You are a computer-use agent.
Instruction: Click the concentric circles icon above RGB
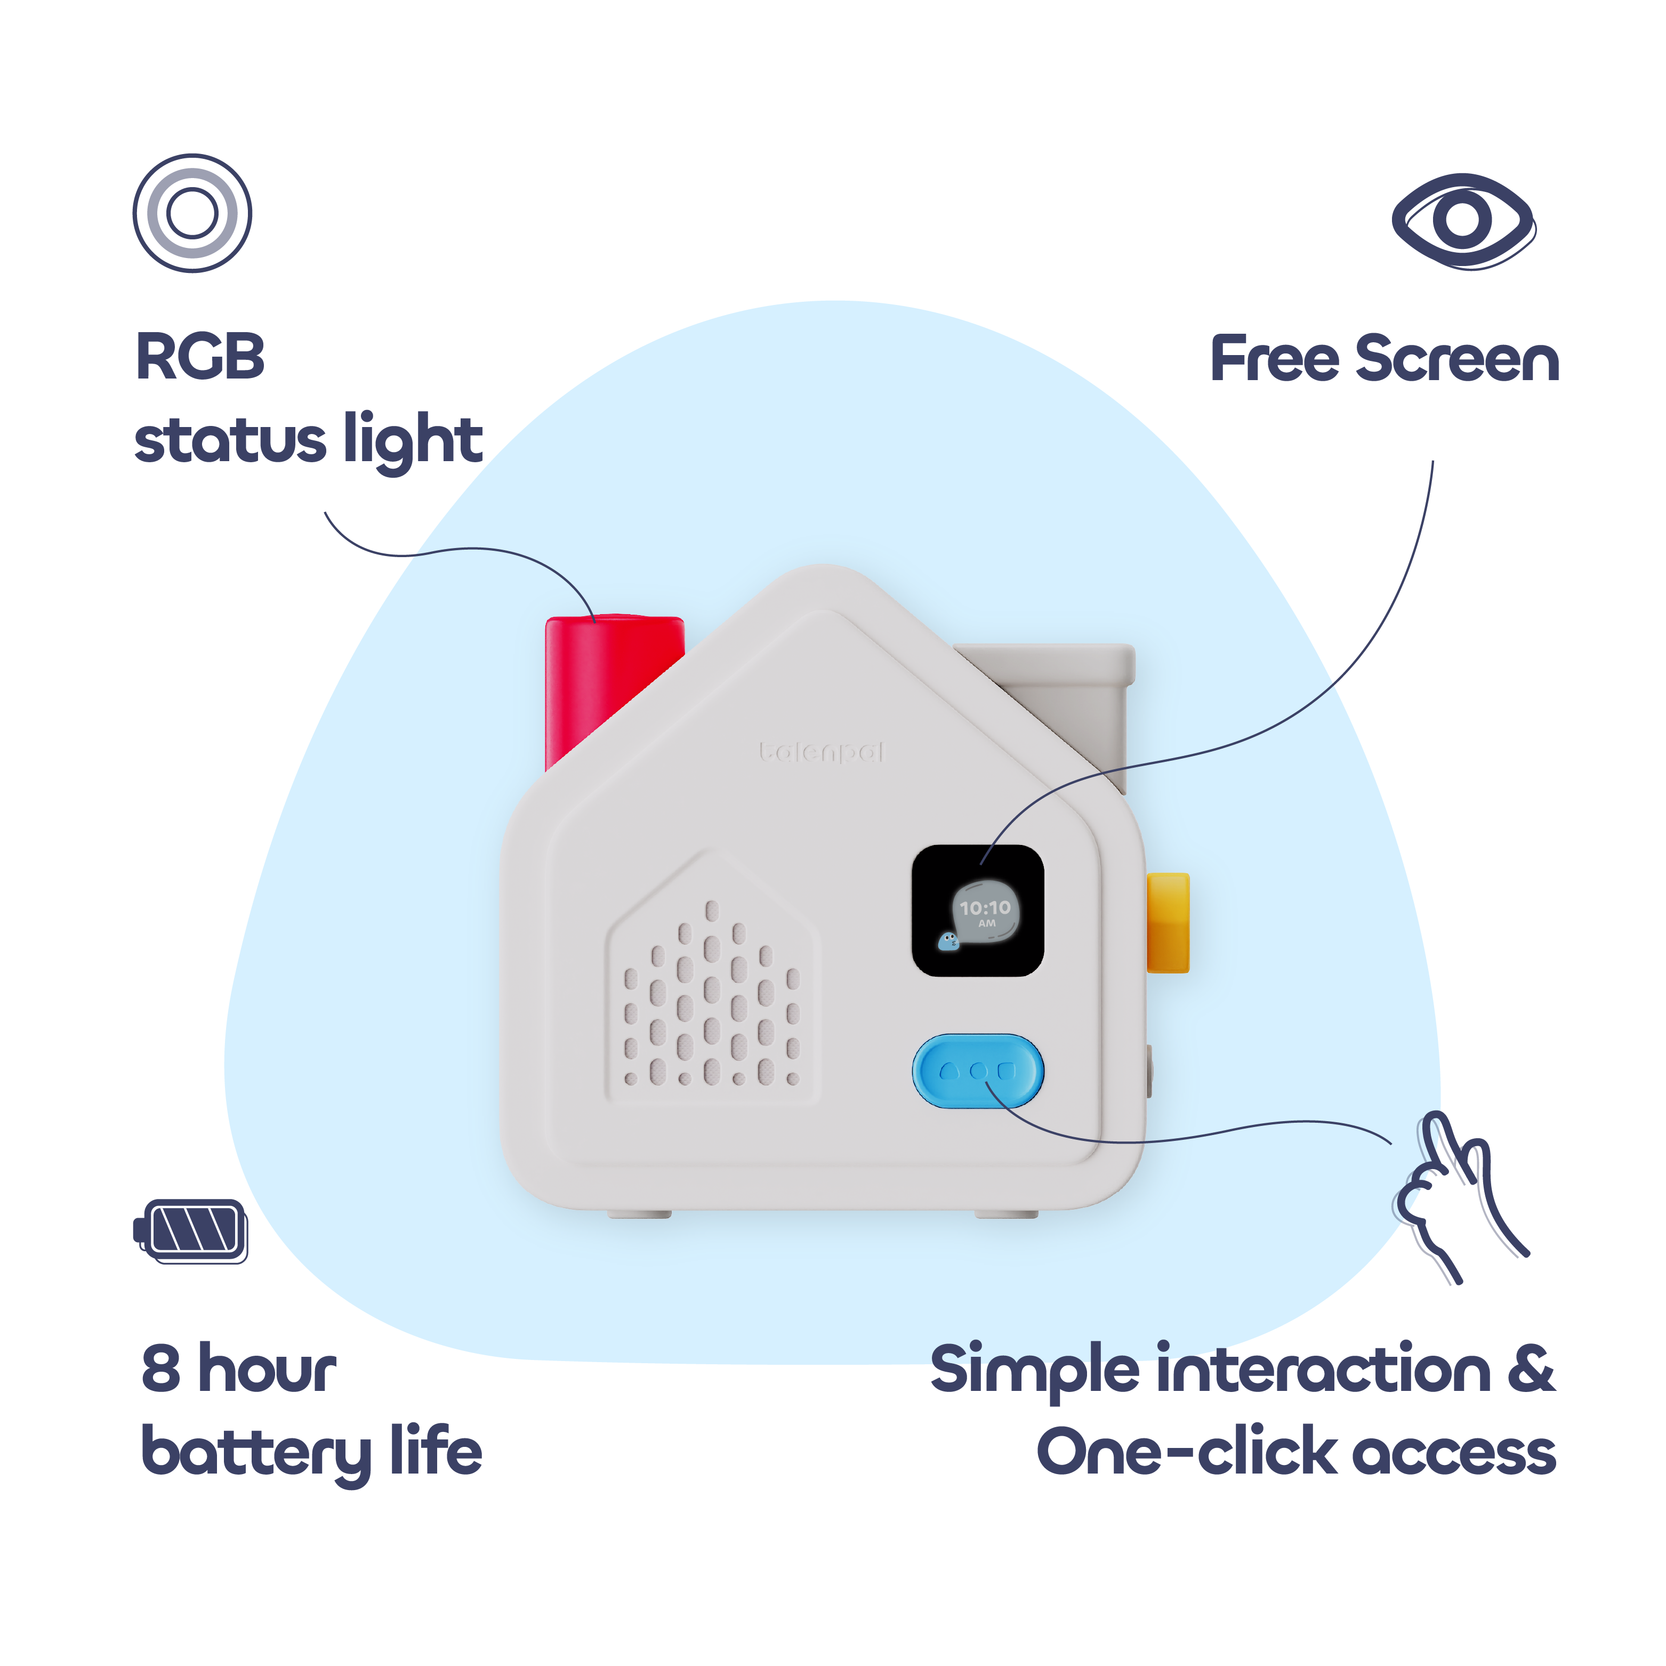[x=192, y=213]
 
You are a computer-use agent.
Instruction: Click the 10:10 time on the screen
[x=985, y=908]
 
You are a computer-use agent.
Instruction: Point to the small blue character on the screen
[x=948, y=941]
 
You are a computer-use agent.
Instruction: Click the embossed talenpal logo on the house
[x=822, y=753]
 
